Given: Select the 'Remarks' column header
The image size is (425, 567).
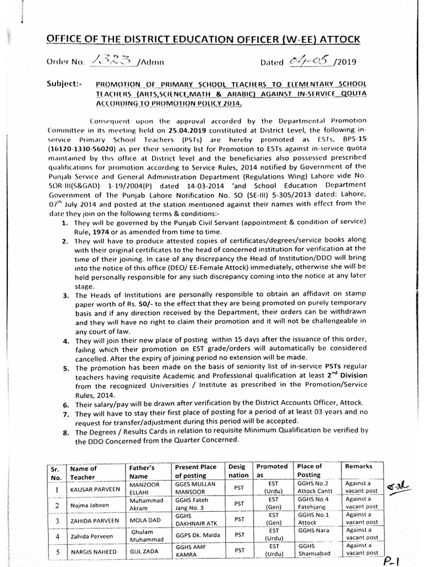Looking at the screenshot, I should coord(358,467).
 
